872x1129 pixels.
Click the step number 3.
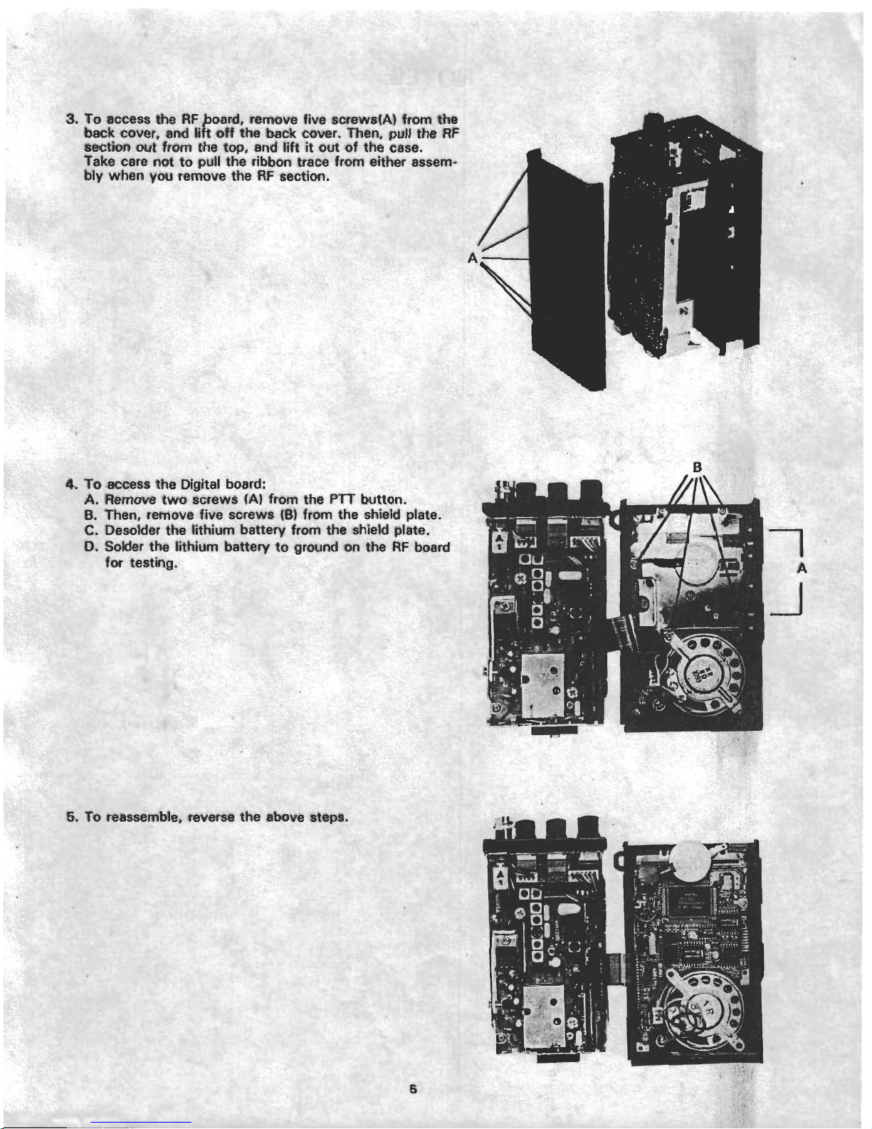tap(72, 119)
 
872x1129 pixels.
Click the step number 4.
tap(72, 484)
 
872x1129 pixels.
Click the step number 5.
tap(72, 817)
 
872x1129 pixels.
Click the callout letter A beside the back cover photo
tap(473, 257)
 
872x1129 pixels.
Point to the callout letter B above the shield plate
tap(698, 467)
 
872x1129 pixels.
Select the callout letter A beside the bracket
tap(802, 568)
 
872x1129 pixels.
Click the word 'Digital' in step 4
tap(200, 484)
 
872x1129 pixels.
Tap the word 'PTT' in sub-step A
tap(341, 500)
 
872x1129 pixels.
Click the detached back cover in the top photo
tap(567, 270)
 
